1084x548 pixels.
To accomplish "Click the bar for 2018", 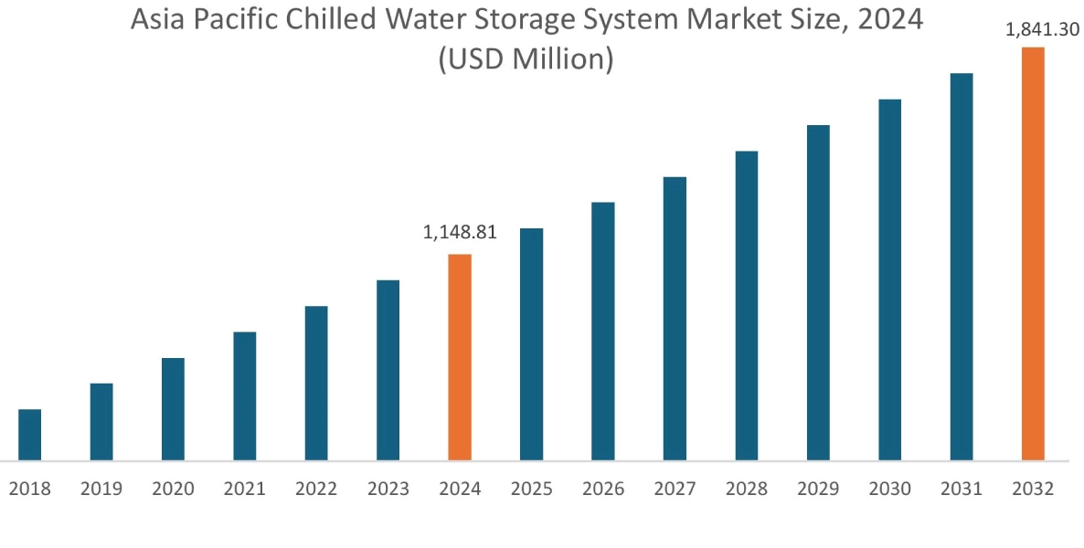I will click(x=30, y=435).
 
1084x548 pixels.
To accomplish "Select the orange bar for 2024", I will click(x=460, y=357).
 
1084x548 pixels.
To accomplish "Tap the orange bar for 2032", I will click(x=1033, y=254).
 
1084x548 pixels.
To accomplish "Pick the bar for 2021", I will click(x=245, y=395).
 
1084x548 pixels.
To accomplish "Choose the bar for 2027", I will click(x=675, y=318).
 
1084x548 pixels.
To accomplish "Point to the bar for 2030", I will click(x=890, y=279).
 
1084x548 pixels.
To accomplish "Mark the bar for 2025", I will click(x=532, y=344).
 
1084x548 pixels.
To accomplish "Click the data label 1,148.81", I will click(x=460, y=232).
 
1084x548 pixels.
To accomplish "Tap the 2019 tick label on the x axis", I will click(x=101, y=489).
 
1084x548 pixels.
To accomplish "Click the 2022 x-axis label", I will click(x=316, y=489).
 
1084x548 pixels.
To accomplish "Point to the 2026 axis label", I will click(x=603, y=489).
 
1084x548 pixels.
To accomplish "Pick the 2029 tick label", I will click(x=818, y=489).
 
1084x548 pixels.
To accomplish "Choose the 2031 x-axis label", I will click(x=962, y=489).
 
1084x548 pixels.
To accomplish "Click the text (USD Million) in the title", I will click(x=526, y=59).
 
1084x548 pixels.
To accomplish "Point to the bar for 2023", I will click(x=388, y=370).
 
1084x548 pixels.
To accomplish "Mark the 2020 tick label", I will click(x=173, y=489).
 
